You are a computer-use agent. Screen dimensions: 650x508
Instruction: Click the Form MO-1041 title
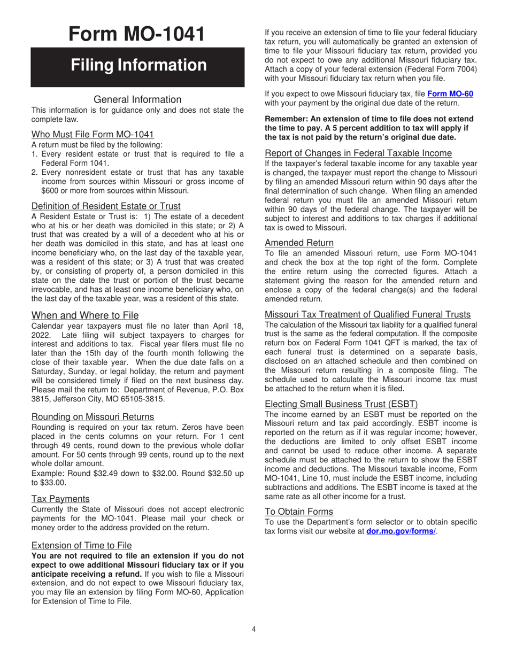click(x=137, y=34)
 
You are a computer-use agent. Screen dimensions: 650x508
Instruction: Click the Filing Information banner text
click(x=138, y=65)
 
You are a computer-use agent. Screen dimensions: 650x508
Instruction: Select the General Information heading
click(x=137, y=99)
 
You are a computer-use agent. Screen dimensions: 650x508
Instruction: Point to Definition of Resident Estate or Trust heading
click(x=106, y=206)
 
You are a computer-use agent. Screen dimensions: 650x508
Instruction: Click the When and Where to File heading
click(x=85, y=315)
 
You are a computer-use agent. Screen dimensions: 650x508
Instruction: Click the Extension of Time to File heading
click(x=81, y=545)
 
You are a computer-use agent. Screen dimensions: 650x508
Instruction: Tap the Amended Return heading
click(x=299, y=242)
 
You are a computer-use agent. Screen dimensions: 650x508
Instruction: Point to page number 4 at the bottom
click(x=254, y=629)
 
